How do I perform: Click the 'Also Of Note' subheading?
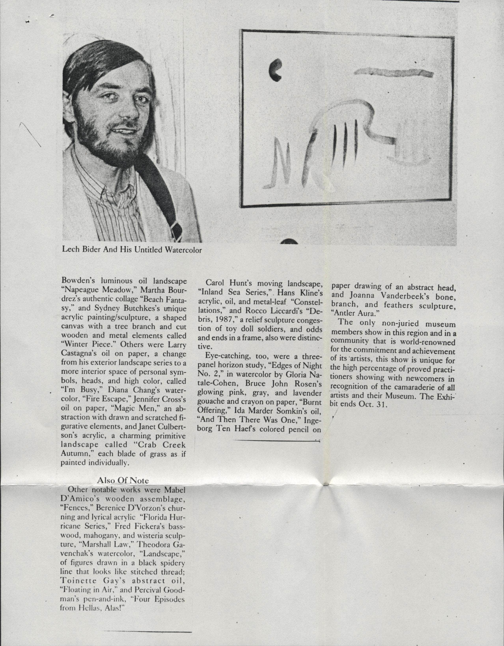pyautogui.click(x=123, y=480)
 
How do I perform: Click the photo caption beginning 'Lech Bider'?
pyautogui.click(x=132, y=250)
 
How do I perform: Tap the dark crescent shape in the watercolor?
pyautogui.click(x=275, y=69)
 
